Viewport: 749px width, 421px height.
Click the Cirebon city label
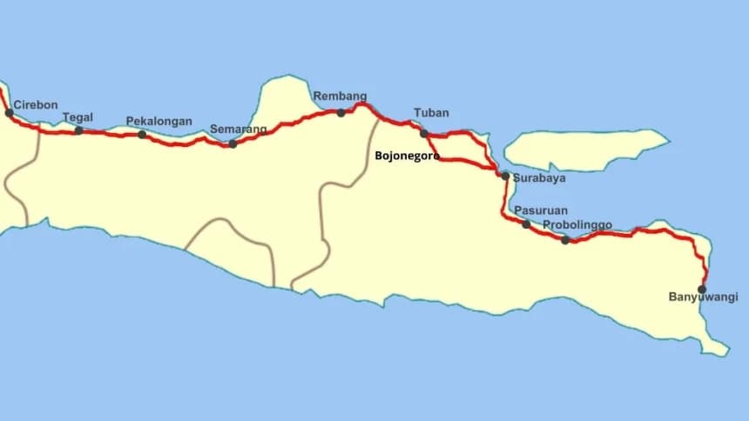pos(36,105)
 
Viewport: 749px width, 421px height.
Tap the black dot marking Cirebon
pos(9,112)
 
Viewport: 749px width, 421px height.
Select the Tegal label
pos(78,117)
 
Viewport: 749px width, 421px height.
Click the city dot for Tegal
pos(78,130)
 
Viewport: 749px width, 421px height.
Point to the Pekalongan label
pos(159,121)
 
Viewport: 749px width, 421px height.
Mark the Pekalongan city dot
pos(142,134)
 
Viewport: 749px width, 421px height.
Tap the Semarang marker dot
pos(233,144)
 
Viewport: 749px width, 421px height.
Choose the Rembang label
pos(340,97)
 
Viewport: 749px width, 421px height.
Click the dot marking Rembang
pos(341,112)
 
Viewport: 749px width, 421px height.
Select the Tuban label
pos(431,113)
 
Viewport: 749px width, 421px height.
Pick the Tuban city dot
pos(424,133)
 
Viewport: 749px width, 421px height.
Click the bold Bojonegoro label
pos(407,157)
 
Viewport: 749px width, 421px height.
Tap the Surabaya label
pos(539,178)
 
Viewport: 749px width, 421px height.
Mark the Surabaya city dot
pos(505,176)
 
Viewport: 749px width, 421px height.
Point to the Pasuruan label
pos(541,210)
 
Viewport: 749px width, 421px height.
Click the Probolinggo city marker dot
pos(565,239)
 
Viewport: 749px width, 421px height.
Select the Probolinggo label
pos(577,225)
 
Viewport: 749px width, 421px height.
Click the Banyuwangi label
pos(703,297)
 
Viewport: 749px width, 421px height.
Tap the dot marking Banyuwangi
pos(702,289)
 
